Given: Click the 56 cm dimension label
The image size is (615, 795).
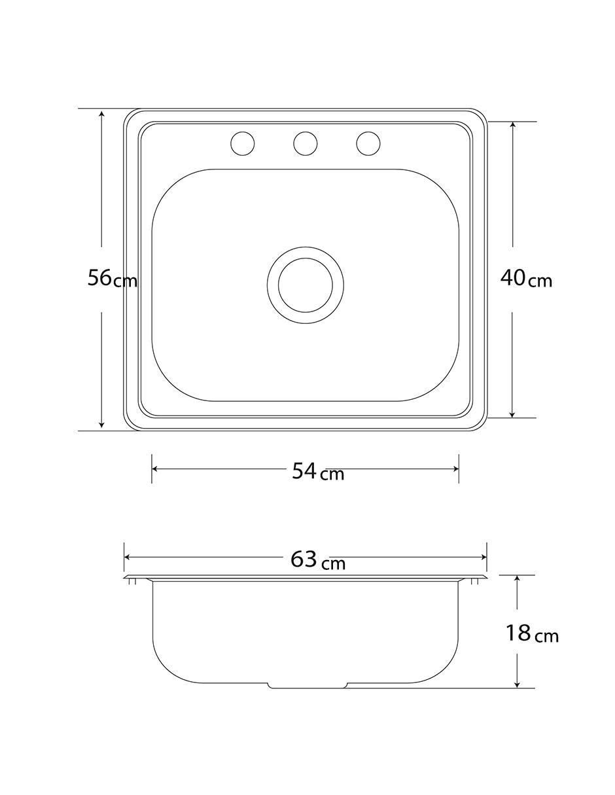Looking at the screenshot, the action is tap(113, 279).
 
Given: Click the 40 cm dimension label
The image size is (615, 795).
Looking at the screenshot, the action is tap(526, 279).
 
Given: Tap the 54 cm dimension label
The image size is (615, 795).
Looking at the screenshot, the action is tap(318, 472).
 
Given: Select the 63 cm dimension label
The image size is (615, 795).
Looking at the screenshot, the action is tap(318, 560).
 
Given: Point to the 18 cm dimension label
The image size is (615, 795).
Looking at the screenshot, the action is tap(532, 633).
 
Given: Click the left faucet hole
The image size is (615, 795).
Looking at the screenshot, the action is tap(243, 143).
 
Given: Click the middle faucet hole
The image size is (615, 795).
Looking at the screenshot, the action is tap(305, 143).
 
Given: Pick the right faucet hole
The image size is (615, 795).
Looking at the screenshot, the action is tap(368, 143).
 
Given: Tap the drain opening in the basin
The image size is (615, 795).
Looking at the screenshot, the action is tap(306, 285).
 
